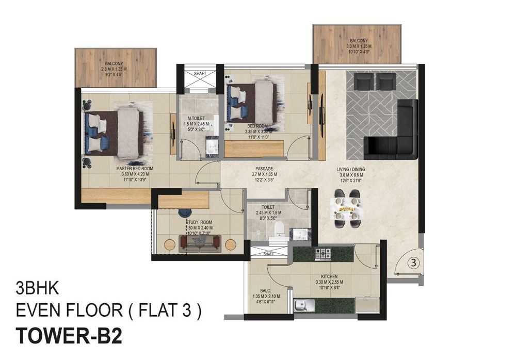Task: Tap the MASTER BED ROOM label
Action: pyautogui.click(x=134, y=169)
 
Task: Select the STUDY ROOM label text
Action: pyautogui.click(x=199, y=222)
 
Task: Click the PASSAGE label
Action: pyautogui.click(x=264, y=169)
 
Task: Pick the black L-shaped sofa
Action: pyautogui.click(x=398, y=134)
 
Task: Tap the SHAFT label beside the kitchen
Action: pyautogui.click(x=268, y=254)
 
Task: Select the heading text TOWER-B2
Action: pyautogui.click(x=70, y=336)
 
